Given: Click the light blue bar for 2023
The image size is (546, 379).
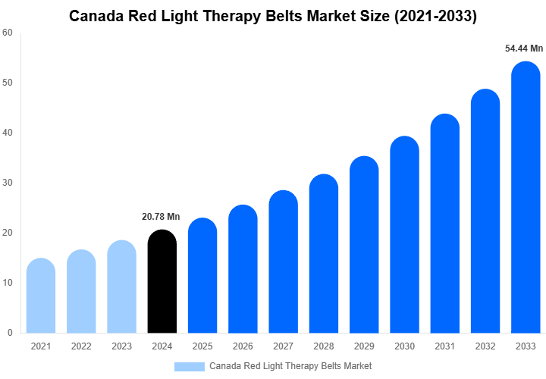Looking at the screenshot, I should tap(121, 287).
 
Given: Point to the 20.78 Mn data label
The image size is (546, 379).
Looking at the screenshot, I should tap(161, 217).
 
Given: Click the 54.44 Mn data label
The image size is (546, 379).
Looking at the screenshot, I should tap(524, 49).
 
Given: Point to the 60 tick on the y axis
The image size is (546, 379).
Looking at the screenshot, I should tap(7, 33).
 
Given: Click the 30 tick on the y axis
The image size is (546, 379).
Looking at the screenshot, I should tap(7, 183).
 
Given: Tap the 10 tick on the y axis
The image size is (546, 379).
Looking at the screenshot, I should tap(7, 283).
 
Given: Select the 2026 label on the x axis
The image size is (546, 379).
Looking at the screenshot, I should tap(243, 346).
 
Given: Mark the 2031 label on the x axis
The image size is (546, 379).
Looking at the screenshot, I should tap(444, 346).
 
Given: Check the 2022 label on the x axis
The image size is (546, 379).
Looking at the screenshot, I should tap(80, 346).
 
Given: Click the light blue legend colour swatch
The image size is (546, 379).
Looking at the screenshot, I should tap(189, 366).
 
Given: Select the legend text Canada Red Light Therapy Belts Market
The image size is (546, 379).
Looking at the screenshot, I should tap(290, 366).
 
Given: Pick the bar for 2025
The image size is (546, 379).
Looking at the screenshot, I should tap(202, 276).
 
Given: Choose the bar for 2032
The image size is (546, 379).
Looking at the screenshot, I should tap(485, 211).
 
